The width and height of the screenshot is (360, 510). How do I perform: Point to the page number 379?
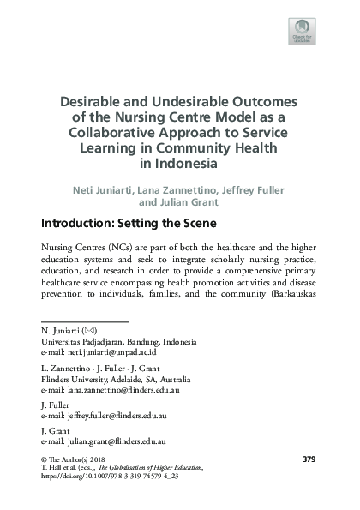coord(310,460)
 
